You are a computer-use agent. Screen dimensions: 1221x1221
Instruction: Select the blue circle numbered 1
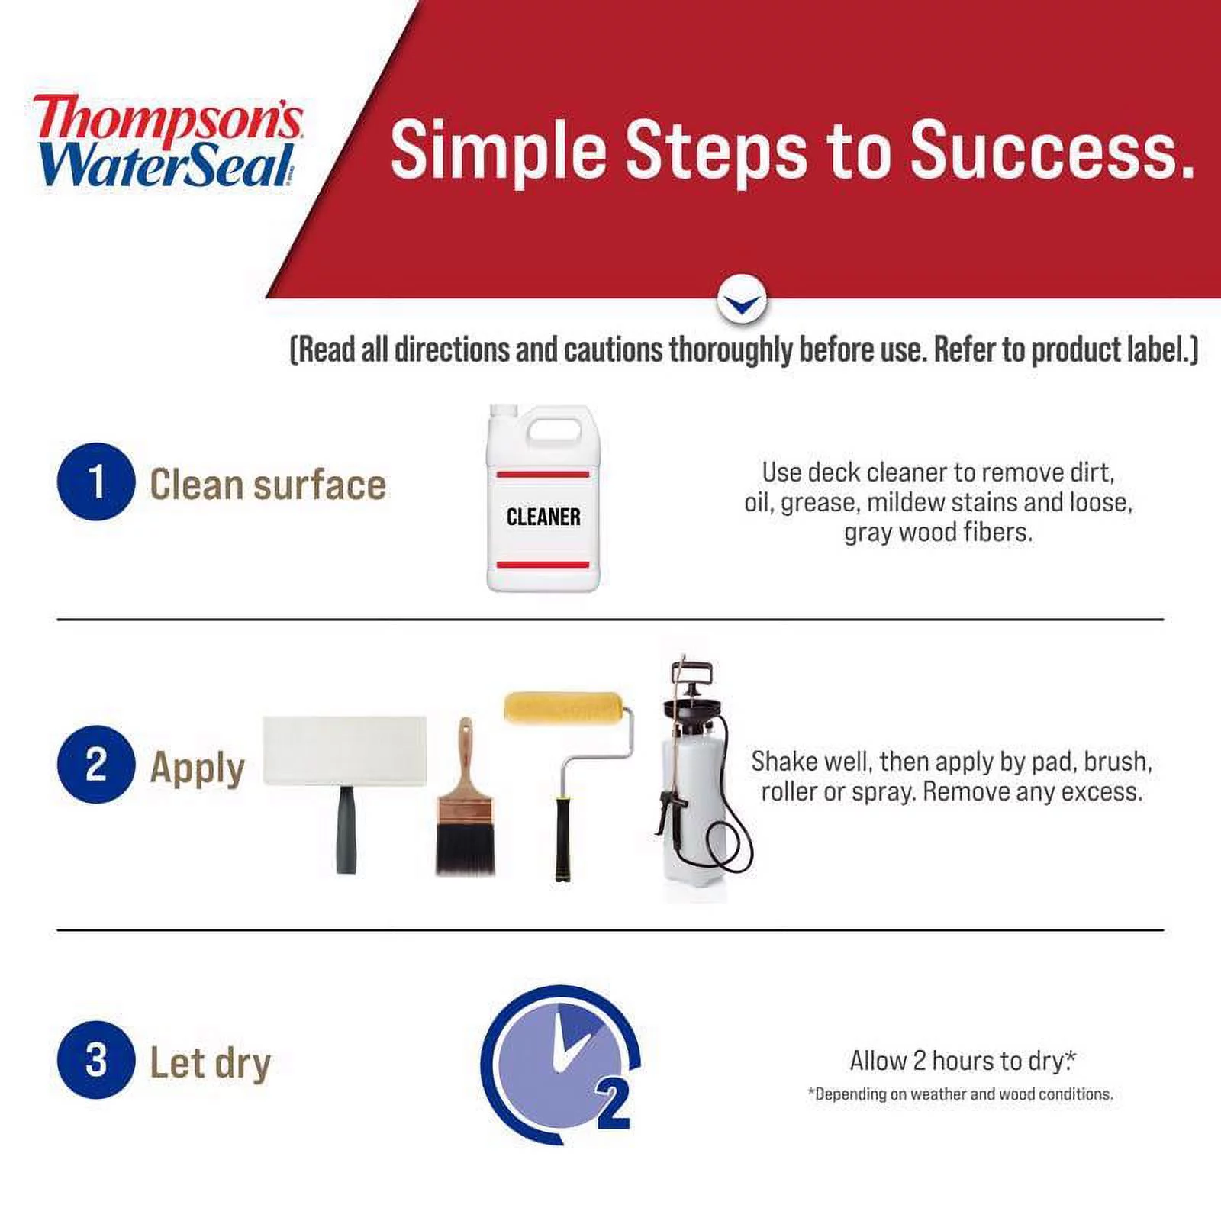coord(96,482)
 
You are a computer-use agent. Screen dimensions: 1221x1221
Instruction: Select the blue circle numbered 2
coord(96,764)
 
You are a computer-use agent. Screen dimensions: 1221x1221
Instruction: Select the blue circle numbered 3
coord(96,1060)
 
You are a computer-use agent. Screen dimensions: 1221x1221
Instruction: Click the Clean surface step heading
coord(267,485)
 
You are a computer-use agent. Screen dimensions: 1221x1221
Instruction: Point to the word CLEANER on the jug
coord(543,517)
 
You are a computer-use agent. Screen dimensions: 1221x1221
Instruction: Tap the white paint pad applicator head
coord(344,750)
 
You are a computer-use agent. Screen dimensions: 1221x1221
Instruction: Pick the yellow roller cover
coord(563,707)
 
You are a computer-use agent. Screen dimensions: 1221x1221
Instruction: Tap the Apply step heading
coord(197,768)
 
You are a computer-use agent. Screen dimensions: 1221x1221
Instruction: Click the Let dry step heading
coord(210,1063)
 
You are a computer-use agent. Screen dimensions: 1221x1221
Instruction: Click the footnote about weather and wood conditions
coord(960,1094)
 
